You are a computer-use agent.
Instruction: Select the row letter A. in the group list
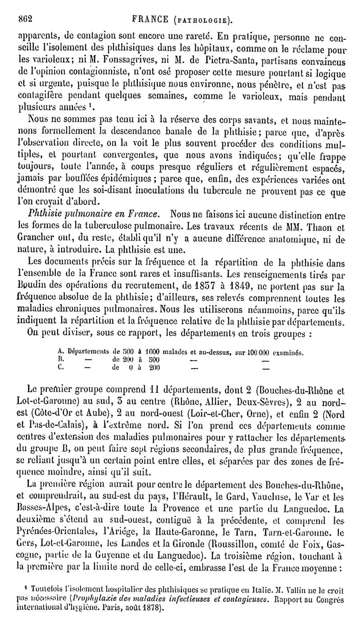[61, 352]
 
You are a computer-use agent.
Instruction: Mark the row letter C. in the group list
[61, 367]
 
